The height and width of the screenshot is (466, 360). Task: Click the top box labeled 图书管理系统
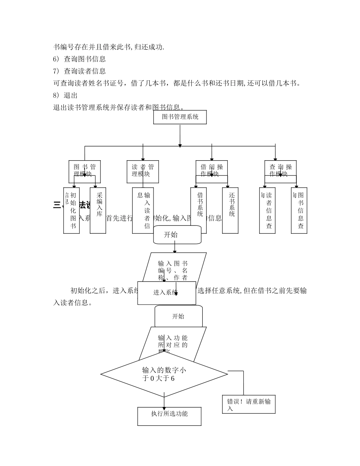tap(180, 117)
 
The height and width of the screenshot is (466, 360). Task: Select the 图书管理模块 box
tap(85, 171)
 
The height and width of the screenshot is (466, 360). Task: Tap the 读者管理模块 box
tap(143, 171)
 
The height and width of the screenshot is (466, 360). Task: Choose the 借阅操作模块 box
tap(212, 171)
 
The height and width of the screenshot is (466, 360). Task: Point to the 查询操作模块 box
tap(280, 171)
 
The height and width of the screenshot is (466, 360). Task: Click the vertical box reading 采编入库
tap(98, 210)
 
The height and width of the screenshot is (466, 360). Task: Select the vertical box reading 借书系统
tap(199, 210)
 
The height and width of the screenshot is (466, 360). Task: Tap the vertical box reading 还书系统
tap(230, 210)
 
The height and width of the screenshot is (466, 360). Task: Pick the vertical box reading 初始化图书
tap(72, 210)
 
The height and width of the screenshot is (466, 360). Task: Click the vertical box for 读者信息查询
tap(268, 210)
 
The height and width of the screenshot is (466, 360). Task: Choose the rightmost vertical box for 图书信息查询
tap(299, 210)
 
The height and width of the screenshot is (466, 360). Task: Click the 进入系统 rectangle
tap(167, 293)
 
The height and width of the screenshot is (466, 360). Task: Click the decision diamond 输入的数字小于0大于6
tap(164, 374)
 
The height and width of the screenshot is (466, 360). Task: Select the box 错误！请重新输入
tap(249, 405)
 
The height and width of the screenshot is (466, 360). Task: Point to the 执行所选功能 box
tap(169, 416)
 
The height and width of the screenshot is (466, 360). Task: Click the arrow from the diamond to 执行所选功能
tap(164, 402)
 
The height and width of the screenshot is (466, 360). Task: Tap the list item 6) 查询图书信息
tap(79, 59)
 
